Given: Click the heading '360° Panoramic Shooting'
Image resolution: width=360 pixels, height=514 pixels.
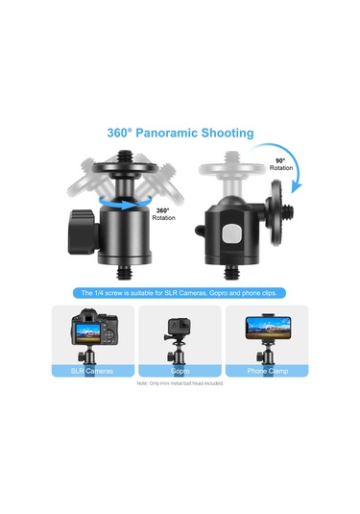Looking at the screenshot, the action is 180,133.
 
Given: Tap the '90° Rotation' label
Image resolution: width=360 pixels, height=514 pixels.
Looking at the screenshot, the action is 281,164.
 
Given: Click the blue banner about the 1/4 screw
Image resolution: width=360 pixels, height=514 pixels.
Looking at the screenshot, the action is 180,292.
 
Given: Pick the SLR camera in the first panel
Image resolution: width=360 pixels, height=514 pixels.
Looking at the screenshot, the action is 94,332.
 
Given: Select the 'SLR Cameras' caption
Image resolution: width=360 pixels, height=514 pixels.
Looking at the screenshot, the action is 94,368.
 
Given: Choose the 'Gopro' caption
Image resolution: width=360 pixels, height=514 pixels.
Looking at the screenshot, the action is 180,368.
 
